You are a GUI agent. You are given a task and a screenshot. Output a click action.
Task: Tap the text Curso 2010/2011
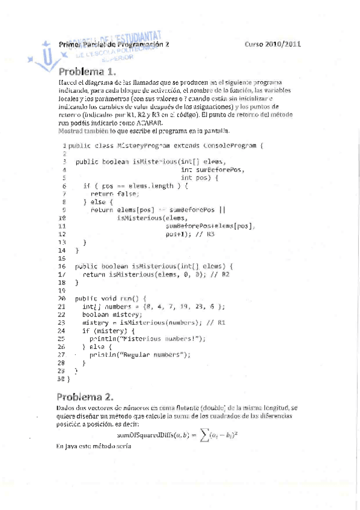273,45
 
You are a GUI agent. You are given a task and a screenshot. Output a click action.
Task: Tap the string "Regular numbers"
157,354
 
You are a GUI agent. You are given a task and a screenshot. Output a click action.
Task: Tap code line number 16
61,266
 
